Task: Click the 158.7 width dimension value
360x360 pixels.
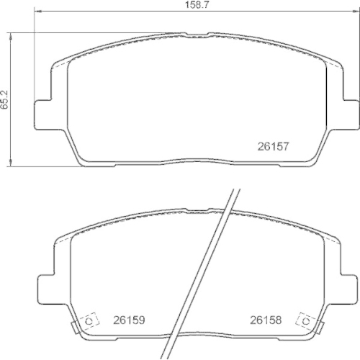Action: point(197,5)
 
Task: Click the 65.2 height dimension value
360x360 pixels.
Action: point(4,99)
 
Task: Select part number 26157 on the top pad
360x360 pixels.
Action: point(273,146)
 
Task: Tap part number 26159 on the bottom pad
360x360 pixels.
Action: point(129,320)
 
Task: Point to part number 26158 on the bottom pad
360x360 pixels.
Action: point(266,320)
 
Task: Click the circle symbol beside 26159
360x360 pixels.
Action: point(89,321)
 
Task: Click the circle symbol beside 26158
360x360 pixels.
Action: point(306,321)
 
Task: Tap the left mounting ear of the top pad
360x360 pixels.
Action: point(43,114)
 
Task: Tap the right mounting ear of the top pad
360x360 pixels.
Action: point(351,114)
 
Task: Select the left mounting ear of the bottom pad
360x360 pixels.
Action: point(47,289)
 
